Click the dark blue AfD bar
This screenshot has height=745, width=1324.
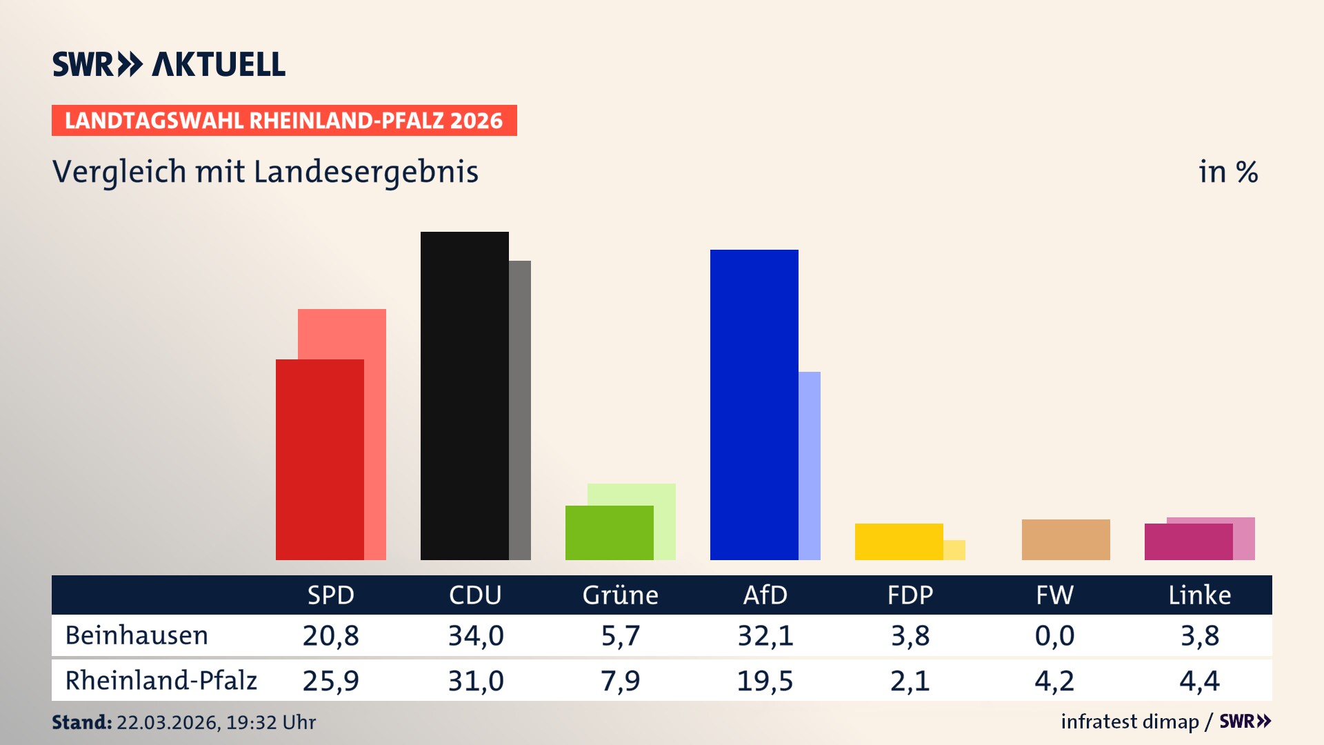[x=754, y=405]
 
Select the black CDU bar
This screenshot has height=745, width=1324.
[x=464, y=396]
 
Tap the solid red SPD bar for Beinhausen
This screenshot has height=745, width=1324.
[x=319, y=459]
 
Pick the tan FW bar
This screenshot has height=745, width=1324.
[x=1065, y=539]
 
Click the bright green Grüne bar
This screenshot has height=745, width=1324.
[x=609, y=533]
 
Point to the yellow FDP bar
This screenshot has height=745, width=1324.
[x=899, y=542]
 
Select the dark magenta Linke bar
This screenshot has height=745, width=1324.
[x=1188, y=542]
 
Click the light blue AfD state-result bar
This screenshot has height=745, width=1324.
[x=810, y=466]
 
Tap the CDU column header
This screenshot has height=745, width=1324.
[x=475, y=595]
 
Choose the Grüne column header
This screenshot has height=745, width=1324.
[x=620, y=595]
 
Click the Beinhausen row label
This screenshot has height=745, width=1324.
[x=137, y=635]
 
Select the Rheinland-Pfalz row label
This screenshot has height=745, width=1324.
[x=161, y=681]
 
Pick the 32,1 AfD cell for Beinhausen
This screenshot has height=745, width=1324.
[x=765, y=635]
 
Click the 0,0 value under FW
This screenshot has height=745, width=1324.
[x=1054, y=635]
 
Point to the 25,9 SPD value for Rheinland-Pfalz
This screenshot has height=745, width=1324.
[x=330, y=681]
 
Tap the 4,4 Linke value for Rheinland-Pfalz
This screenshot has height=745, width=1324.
[x=1199, y=681]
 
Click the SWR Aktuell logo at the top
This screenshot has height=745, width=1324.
[x=169, y=64]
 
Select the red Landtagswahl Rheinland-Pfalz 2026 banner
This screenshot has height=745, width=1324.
[x=284, y=121]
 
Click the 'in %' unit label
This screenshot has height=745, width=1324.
[x=1227, y=172]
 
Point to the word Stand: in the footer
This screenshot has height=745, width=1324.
[x=81, y=722]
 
